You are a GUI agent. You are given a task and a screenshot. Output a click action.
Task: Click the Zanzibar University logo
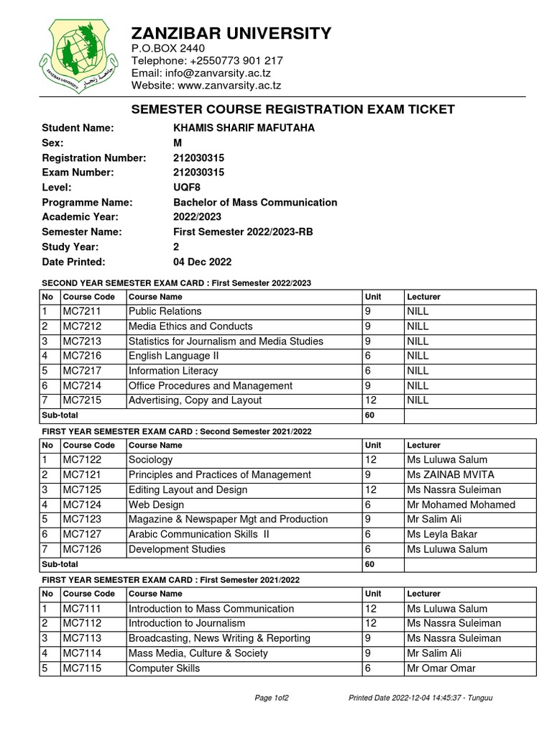77,56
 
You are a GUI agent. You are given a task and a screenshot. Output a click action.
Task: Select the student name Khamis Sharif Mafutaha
234,128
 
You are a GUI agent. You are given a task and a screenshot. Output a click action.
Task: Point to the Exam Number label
78,172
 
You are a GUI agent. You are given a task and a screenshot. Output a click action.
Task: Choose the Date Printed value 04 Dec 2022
202,262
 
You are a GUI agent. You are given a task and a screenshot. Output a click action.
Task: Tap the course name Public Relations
165,311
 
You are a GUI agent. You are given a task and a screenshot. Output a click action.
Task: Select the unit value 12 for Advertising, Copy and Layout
371,400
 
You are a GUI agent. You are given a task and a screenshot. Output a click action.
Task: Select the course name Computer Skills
164,668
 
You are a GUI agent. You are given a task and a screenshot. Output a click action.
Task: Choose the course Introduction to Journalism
186,623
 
